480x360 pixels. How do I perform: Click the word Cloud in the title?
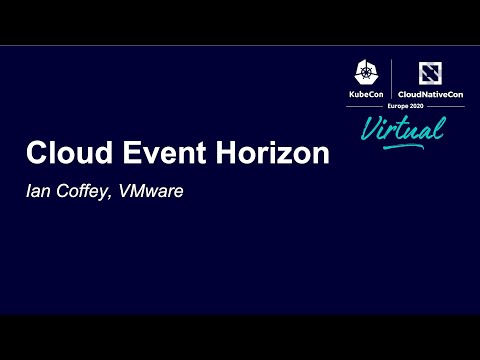click(62, 155)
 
